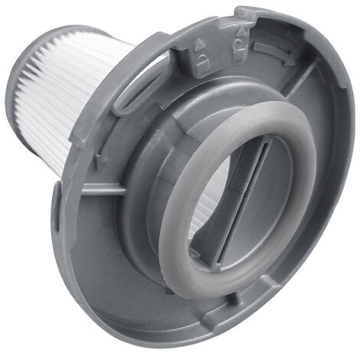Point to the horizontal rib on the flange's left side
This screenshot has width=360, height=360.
tap(100, 188)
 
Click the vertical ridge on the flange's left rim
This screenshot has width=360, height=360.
tap(59, 203)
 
